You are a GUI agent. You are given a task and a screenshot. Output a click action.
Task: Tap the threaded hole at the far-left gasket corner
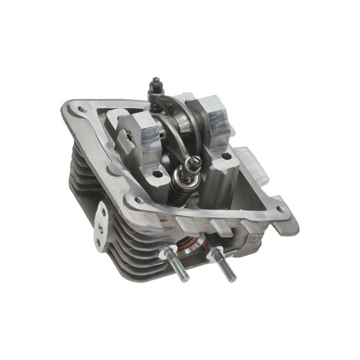(80, 108)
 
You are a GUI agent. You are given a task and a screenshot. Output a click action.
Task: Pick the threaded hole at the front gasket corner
(139, 201)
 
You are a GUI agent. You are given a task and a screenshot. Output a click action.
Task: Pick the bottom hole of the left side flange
(98, 242)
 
